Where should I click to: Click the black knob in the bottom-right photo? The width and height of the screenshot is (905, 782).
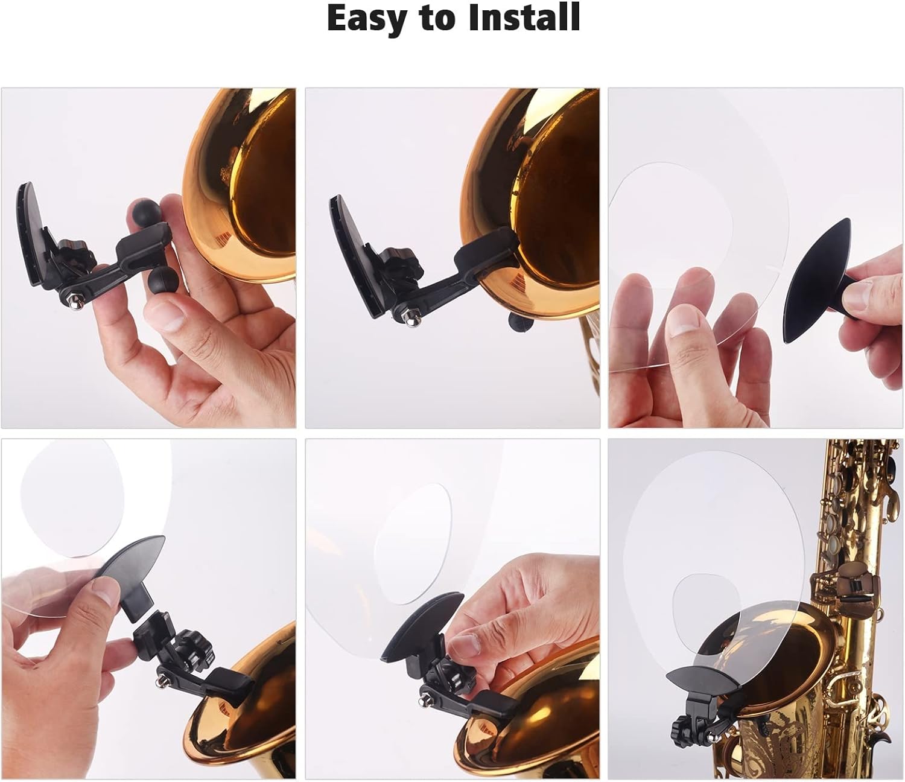[x=670, y=722]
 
